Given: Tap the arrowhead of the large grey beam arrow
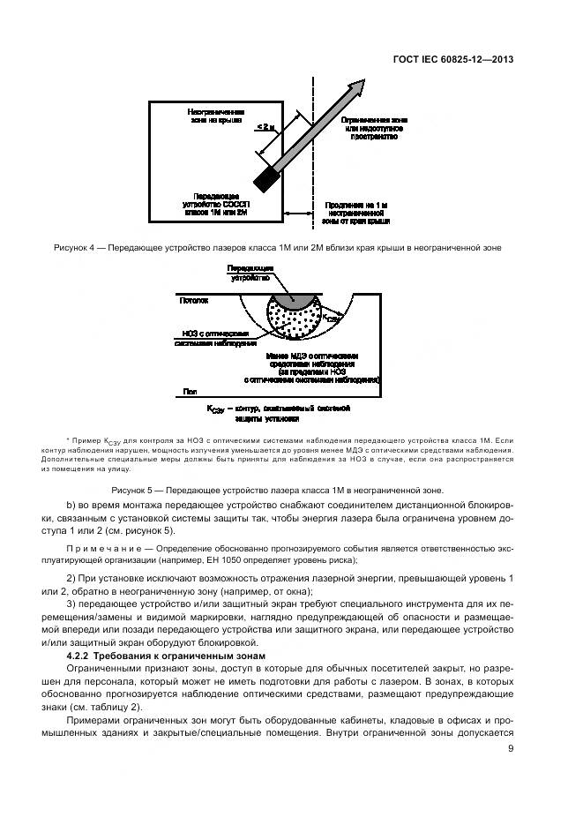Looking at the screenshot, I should [357, 86].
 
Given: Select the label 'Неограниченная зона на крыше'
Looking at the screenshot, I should [217, 117].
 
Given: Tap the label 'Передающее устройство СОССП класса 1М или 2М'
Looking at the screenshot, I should [217, 206].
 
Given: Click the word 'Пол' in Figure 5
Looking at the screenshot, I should [188, 391].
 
